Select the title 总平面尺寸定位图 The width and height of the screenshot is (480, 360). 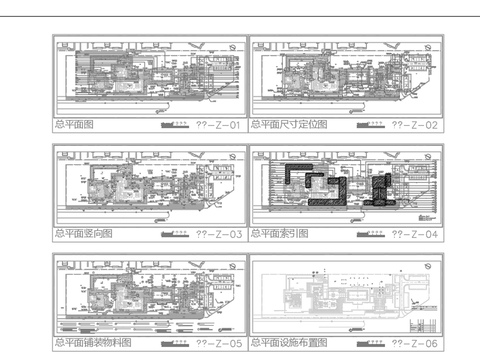289,126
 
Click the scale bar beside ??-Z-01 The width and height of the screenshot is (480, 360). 175,125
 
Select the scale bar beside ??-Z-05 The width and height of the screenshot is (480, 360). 175,341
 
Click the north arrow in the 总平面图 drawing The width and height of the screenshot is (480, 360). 232,47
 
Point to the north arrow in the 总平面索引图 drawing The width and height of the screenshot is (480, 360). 428,155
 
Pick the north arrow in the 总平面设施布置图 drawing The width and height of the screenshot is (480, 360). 428,264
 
